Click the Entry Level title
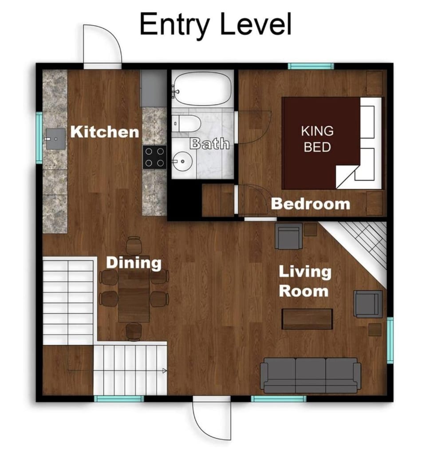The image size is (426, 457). [x=216, y=24]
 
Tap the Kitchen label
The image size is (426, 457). [x=105, y=132]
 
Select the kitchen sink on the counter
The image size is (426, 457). [x=56, y=139]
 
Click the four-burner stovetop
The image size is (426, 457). [x=154, y=157]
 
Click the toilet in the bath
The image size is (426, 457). [x=186, y=123]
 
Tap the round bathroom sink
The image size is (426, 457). [x=182, y=161]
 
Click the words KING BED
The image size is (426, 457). [x=317, y=139]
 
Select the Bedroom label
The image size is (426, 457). [x=311, y=204]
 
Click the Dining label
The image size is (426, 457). [x=134, y=263]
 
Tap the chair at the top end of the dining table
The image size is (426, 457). [x=134, y=245]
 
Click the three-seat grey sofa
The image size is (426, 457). [x=310, y=376]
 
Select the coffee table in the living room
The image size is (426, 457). [x=308, y=319]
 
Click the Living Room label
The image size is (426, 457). [x=305, y=281]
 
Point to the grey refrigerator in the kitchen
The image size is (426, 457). [x=154, y=88]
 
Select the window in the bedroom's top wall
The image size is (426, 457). [x=311, y=66]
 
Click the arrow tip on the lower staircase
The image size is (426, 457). [x=166, y=371]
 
